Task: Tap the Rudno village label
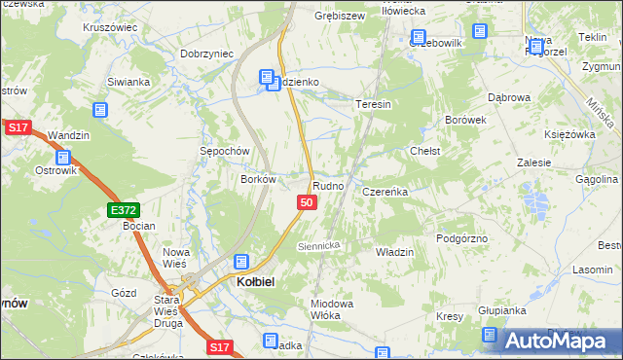click(327, 185)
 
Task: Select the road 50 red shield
click(307, 202)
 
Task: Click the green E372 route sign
click(124, 209)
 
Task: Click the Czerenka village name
click(385, 193)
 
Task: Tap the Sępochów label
click(226, 152)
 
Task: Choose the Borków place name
click(260, 179)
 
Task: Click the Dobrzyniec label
click(207, 54)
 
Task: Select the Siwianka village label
click(128, 83)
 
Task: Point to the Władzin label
click(394, 252)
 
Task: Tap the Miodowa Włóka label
click(331, 309)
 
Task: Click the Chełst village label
click(425, 152)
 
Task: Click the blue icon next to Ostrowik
click(63, 157)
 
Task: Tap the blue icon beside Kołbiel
click(240, 262)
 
